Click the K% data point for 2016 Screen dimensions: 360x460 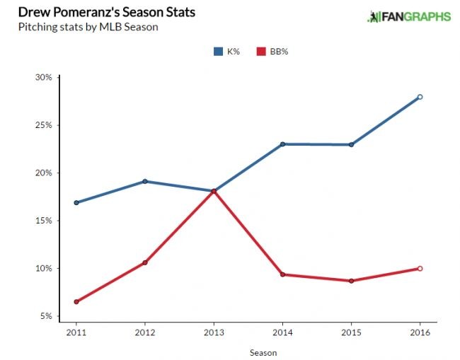point(420,97)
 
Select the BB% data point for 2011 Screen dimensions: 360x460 point(76,302)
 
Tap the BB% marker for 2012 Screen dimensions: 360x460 point(145,262)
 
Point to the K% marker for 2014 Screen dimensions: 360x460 point(282,144)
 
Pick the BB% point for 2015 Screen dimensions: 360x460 point(351,281)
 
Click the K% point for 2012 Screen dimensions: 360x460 point(145,181)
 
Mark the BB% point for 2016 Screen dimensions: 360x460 point(420,269)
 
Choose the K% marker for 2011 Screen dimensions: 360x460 point(76,202)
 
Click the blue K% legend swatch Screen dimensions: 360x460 point(218,51)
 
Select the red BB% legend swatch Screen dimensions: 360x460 point(260,51)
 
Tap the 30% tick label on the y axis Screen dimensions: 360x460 point(43,77)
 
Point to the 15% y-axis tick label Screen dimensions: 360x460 point(43,221)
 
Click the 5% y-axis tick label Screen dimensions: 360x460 point(45,316)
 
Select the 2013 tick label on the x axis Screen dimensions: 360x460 point(214,331)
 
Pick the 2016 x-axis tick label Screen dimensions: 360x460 point(420,331)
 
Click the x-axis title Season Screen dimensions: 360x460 point(263,352)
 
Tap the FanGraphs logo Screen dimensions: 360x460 point(408,16)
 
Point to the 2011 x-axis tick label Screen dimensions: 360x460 point(76,331)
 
